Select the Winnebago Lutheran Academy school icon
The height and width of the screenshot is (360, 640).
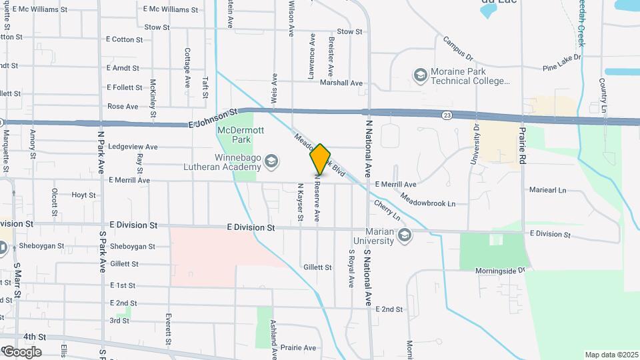271,160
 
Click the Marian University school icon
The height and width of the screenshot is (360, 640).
404,234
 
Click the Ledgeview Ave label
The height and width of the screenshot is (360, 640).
133,147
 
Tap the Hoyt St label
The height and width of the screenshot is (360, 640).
84,195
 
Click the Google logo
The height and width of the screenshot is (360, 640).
22,351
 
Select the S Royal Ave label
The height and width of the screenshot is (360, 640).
351,269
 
